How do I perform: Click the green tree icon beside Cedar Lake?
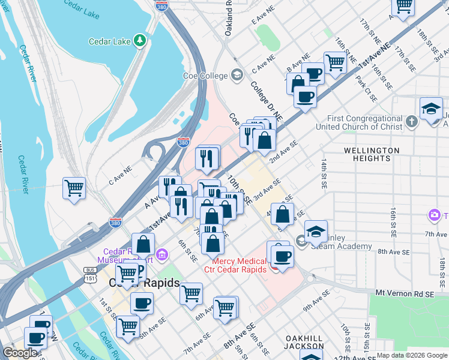pos(140,40)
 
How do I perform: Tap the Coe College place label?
pos(205,76)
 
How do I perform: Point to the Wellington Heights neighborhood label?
pos(372,154)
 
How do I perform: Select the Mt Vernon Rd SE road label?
pos(405,293)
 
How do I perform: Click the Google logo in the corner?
pos(20,353)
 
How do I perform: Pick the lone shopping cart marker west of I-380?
pos(74,188)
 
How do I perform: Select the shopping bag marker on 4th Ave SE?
pos(283,214)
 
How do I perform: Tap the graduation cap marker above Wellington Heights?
pos(431,109)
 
